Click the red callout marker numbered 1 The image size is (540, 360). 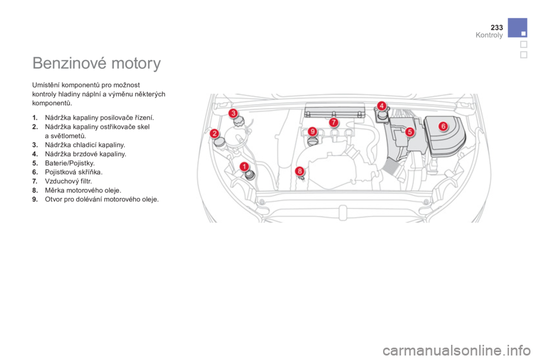point(244,166)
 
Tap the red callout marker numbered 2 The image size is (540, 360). point(214,133)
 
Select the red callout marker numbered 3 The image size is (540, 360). point(233,113)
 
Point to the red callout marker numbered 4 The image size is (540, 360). point(381,106)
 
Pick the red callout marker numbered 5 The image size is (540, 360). point(409,132)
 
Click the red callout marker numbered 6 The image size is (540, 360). point(443,126)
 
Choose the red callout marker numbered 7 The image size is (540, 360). point(333,122)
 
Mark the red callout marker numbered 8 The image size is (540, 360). point(300,171)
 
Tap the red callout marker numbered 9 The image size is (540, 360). point(312,131)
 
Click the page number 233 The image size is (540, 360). point(497,27)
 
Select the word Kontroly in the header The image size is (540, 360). point(489,35)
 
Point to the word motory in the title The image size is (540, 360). point(136,64)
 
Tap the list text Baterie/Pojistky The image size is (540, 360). point(70,163)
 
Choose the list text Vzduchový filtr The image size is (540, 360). point(69,181)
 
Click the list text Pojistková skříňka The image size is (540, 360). point(74,172)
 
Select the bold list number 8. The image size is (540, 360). point(35,190)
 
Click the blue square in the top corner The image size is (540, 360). point(517,28)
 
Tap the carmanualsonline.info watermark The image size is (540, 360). point(456,350)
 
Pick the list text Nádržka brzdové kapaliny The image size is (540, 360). point(85,154)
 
